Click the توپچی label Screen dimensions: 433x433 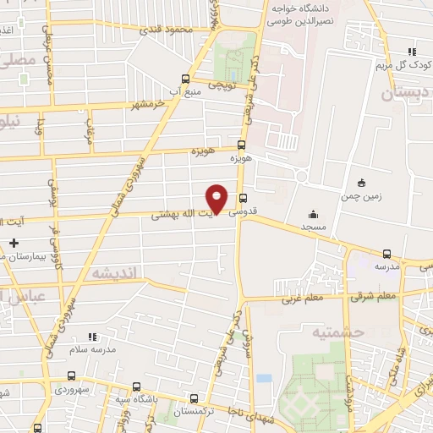(220, 85)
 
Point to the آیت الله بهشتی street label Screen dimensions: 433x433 (182, 214)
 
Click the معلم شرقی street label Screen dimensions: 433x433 (376, 296)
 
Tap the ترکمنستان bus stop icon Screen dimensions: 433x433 (195, 398)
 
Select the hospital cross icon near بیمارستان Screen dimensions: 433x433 (14, 243)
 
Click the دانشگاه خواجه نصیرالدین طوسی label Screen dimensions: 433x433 (304, 11)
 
